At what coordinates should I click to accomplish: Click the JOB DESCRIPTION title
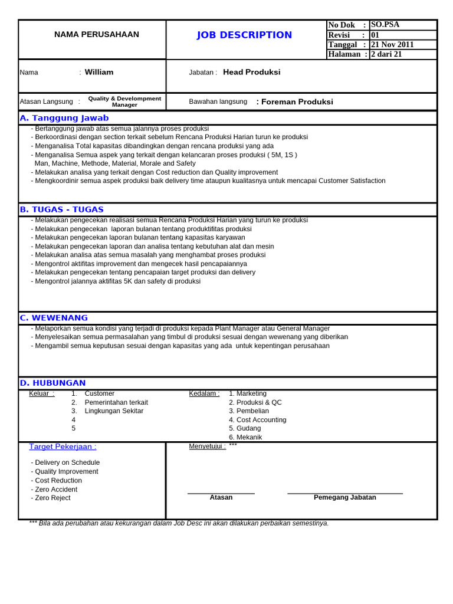244,35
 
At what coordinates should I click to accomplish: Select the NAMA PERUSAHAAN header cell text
97,35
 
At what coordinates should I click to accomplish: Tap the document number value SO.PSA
385,25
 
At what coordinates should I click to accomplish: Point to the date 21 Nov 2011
392,45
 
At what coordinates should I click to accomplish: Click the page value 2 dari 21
386,54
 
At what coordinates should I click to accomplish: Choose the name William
99,73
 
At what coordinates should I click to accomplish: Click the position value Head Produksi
251,73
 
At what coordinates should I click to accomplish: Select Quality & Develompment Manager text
124,101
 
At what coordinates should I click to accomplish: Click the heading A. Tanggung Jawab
64,118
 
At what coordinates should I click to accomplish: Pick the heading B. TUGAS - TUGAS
61,209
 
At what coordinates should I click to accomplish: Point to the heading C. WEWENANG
54,318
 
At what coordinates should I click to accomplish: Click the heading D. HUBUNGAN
52,383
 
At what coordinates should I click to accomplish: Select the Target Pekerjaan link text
63,447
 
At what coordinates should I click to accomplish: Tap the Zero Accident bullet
55,490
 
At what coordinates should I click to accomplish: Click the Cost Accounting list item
258,420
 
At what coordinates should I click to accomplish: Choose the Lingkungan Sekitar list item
114,411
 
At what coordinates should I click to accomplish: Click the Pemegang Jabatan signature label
344,498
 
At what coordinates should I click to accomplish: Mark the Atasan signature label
221,498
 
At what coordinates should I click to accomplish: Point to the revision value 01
375,35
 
